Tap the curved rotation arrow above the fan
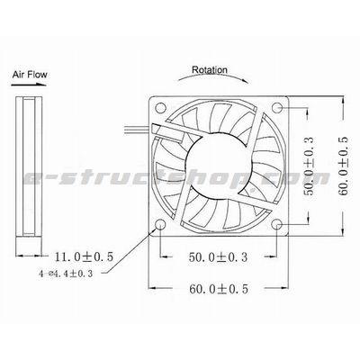[212, 80]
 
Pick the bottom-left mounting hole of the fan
[159, 223]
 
